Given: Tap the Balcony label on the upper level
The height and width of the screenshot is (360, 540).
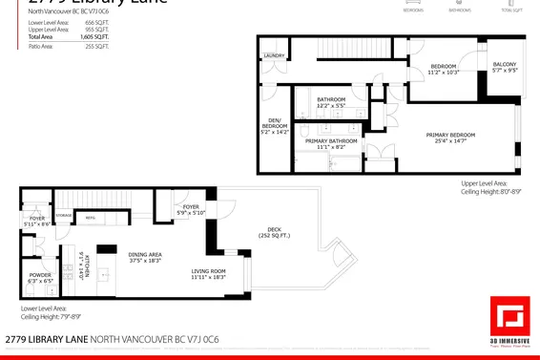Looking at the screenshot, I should [505, 67].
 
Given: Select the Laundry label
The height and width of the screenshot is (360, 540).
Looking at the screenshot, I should [273, 56].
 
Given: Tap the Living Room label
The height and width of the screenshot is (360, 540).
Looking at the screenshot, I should [207, 274].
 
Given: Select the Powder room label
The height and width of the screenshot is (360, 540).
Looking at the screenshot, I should [41, 278].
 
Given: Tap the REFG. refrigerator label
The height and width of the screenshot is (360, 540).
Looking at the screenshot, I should [91, 218].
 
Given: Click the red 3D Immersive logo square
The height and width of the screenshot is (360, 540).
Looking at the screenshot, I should [509, 316].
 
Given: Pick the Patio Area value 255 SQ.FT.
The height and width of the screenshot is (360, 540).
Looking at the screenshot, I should [97, 45].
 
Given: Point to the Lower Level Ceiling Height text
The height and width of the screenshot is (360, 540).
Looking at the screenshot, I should [44, 312].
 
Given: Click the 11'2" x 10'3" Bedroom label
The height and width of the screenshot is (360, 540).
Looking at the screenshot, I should [444, 69].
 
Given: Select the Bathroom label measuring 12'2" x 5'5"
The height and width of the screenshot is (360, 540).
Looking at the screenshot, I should [331, 102].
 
